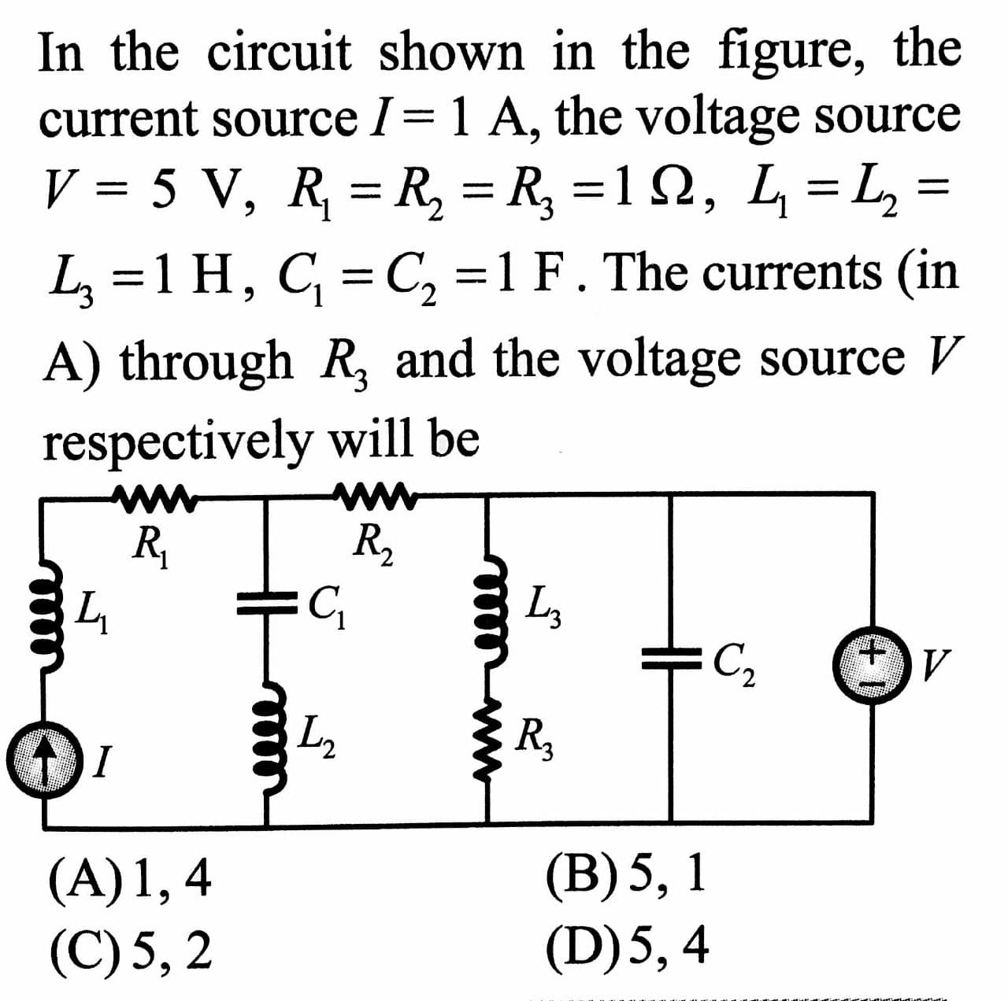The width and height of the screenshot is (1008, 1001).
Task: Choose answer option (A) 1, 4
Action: pos(131,878)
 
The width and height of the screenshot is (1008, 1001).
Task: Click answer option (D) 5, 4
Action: pos(626,944)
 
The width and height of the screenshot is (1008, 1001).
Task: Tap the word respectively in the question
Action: pos(176,441)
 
